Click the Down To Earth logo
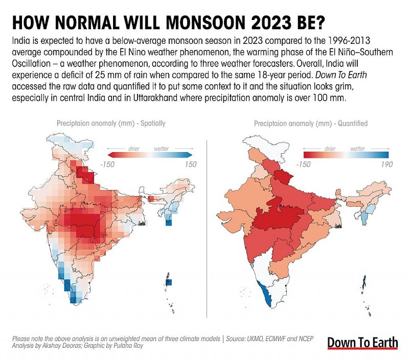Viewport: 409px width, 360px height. pyautogui.click(x=362, y=342)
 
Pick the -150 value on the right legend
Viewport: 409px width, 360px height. pyautogui.click(x=304, y=164)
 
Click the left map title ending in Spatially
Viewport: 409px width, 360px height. pyautogui.click(x=111, y=123)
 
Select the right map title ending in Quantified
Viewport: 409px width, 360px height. pyautogui.click(x=310, y=123)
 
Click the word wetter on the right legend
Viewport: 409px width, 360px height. pyautogui.click(x=357, y=148)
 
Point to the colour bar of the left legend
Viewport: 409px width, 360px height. pyautogui.click(x=150, y=155)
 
